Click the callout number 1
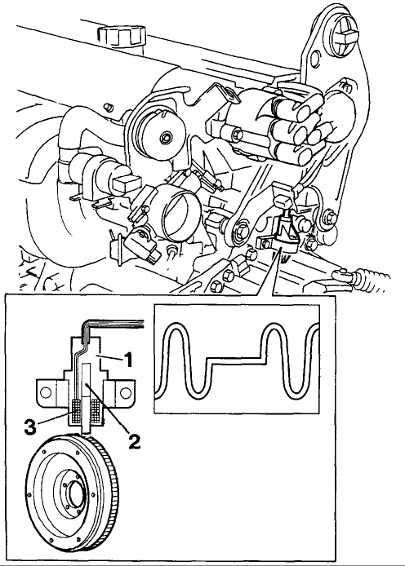pyautogui.click(x=127, y=359)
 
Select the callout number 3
pyautogui.click(x=30, y=427)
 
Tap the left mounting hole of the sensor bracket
pyautogui.click(x=46, y=392)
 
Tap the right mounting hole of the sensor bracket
pyautogui.click(x=126, y=393)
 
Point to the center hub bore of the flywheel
pyautogui.click(x=75, y=493)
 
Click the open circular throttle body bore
pyautogui.click(x=180, y=213)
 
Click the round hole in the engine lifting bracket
pyautogui.click(x=314, y=58)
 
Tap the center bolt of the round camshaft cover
pyautogui.click(x=167, y=137)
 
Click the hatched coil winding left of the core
pyautogui.click(x=77, y=410)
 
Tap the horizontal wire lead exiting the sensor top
pyautogui.click(x=116, y=322)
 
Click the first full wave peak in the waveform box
pyautogui.click(x=177, y=326)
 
